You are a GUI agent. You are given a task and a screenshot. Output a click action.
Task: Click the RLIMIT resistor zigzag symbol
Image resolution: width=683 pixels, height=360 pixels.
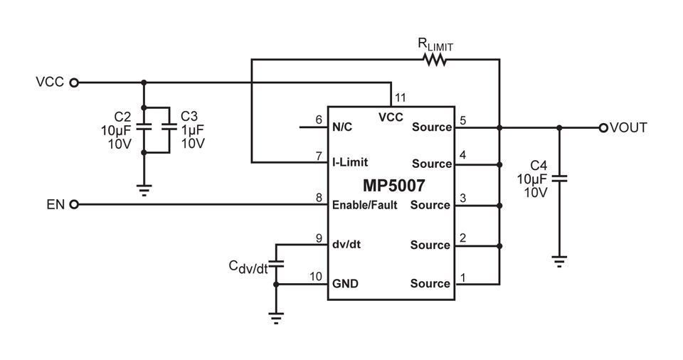point(435,59)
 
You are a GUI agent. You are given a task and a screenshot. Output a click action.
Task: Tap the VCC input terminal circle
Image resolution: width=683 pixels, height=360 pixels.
point(74,83)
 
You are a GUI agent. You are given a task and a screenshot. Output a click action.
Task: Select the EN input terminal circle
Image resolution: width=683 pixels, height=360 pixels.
point(74,204)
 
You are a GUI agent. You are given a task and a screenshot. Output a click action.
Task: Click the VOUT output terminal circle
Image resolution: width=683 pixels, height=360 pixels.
point(603,127)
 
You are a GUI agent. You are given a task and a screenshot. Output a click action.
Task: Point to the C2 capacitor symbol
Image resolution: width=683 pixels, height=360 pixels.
point(144,127)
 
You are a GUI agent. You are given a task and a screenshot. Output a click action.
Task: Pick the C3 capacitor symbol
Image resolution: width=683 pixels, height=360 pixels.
point(169,127)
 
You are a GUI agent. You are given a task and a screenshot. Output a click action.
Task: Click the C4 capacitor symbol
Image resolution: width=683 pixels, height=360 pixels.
point(559,179)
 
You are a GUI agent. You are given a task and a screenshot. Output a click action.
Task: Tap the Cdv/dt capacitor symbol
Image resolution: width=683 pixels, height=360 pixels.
point(276,264)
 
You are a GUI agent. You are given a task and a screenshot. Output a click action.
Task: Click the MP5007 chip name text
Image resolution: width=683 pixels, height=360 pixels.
point(393,186)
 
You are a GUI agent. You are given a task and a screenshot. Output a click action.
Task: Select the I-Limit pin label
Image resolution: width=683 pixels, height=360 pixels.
point(350,162)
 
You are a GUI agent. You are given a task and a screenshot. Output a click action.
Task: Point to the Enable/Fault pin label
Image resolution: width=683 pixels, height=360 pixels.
point(364,205)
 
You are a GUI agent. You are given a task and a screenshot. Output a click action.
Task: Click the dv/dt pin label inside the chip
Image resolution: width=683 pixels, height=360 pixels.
point(346,244)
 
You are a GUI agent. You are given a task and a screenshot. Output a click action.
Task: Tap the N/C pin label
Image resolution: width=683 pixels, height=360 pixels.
point(342,127)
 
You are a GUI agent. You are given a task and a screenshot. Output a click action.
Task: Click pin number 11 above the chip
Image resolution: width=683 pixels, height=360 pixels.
point(400,97)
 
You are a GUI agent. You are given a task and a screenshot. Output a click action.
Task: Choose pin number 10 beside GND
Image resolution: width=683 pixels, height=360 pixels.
point(316,276)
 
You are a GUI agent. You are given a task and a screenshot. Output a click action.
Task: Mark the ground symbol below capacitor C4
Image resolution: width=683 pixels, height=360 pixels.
point(559,261)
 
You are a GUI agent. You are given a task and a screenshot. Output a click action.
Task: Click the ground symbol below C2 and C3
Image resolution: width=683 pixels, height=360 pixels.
point(144,191)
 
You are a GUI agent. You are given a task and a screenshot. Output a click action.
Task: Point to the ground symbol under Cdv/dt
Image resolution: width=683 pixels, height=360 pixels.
point(276,319)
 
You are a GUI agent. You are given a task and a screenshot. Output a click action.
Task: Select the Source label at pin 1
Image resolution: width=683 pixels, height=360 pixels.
point(430,283)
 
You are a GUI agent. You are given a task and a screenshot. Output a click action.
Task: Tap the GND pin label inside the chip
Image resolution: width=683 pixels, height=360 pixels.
point(345,284)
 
